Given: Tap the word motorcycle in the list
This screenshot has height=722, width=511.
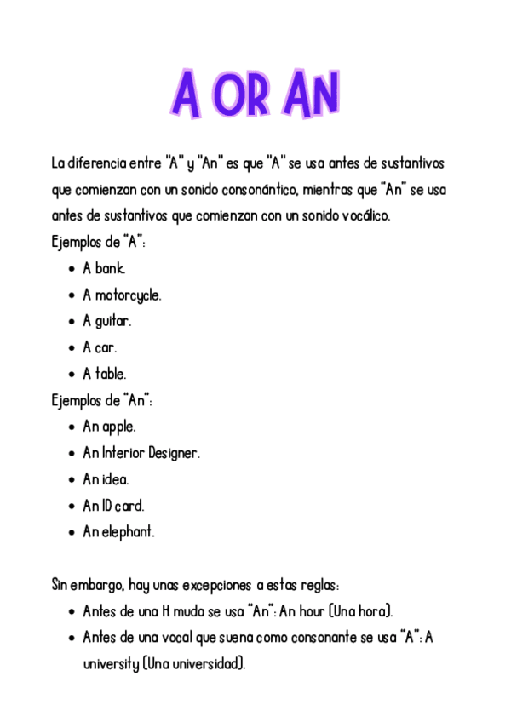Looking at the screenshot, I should click(x=128, y=295).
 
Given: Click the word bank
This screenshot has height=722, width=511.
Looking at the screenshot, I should click(x=110, y=269).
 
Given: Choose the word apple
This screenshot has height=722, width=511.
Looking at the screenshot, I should click(x=119, y=427).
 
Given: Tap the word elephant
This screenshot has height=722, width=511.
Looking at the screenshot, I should click(x=129, y=532).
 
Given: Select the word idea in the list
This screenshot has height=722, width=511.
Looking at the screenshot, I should click(x=116, y=479).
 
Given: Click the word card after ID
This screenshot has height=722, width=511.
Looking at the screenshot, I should click(x=130, y=506).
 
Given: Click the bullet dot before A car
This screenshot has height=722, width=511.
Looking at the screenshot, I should click(x=70, y=348).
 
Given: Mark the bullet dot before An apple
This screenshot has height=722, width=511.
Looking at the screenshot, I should click(x=70, y=427).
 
